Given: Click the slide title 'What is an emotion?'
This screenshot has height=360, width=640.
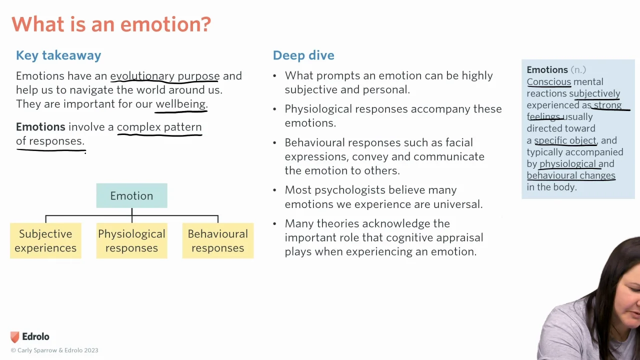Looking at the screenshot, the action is [111, 24].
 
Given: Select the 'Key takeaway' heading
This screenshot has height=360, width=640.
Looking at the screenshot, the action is [58, 55].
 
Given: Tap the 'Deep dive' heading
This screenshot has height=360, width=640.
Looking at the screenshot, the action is [303, 55].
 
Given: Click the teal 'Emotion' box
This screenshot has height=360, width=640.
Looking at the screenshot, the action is [131, 195].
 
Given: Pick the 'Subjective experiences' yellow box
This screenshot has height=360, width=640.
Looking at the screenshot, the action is [45, 241].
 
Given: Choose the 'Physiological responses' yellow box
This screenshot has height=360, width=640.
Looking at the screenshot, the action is [131, 241].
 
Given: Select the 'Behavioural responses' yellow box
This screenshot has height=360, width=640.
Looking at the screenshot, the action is [217, 241].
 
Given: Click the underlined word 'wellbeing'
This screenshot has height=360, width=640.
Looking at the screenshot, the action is [180, 104].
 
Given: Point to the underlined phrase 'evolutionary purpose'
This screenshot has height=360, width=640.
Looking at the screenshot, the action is [165, 76].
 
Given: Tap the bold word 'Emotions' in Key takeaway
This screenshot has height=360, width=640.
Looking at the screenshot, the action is [40, 127].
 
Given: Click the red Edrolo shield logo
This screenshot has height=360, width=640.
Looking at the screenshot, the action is [15, 337].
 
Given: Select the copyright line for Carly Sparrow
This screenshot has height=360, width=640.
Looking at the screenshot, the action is [54, 350].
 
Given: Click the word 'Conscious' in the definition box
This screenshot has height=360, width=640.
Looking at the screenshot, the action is [549, 82].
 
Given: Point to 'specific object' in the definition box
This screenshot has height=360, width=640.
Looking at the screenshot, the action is [565, 140].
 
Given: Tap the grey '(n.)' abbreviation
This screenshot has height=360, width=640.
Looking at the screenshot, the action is [578, 69].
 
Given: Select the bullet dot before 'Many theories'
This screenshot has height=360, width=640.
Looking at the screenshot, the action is [274, 223].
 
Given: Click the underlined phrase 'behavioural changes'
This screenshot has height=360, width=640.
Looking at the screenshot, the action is [571, 175].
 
